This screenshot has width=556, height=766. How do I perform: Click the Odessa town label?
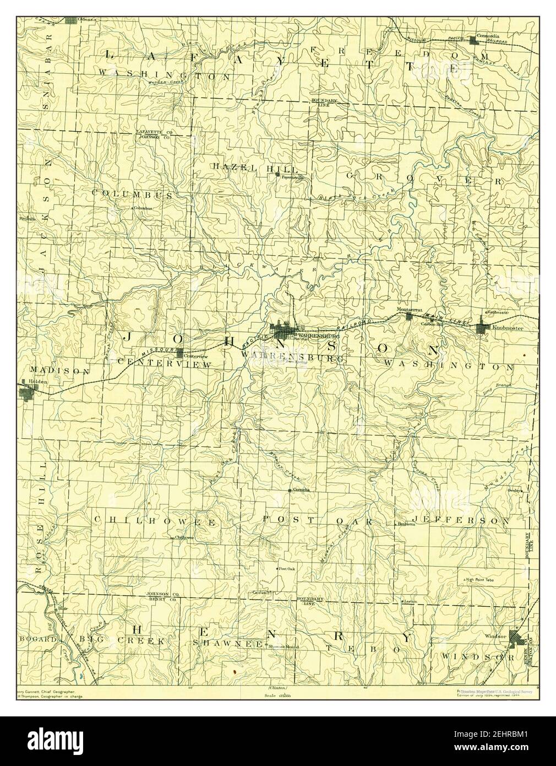point(87,19)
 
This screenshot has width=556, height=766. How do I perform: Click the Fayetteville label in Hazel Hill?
point(292,177)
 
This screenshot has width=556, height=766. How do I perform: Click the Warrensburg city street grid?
point(284,332)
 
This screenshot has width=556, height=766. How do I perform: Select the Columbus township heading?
point(133,195)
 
